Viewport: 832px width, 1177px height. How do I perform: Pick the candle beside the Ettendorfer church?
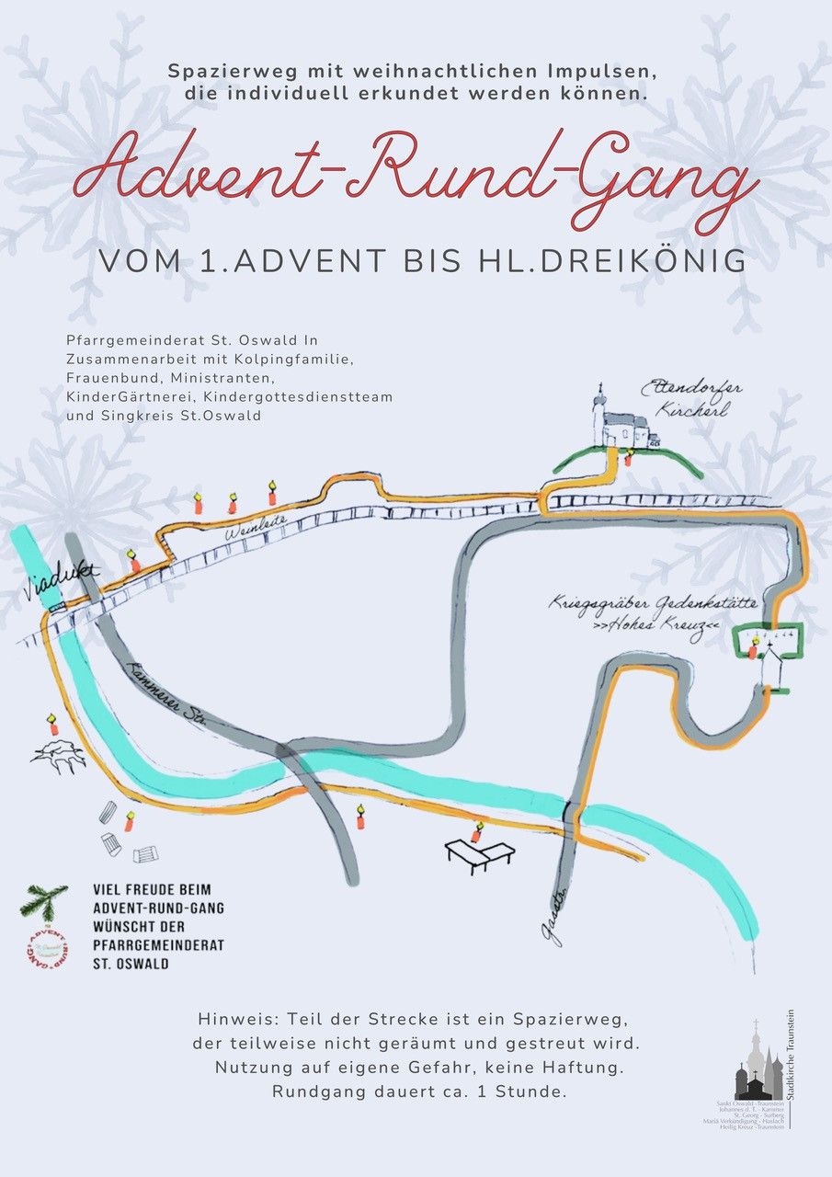click(629, 456)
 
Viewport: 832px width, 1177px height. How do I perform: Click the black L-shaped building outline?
click(479, 856)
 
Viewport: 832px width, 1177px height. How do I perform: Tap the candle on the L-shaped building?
click(476, 833)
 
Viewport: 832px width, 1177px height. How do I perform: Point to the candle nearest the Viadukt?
click(135, 560)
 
